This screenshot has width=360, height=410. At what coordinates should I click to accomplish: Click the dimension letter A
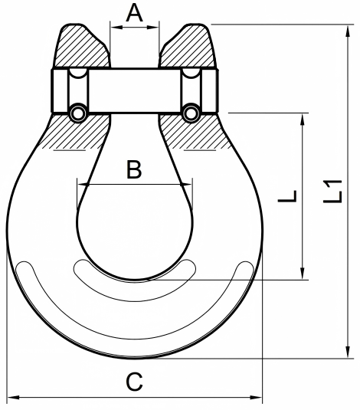pyautogui.click(x=134, y=14)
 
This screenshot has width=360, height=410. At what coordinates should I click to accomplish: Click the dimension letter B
pyautogui.click(x=134, y=169)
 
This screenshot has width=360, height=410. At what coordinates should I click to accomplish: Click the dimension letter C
pyautogui.click(x=134, y=382)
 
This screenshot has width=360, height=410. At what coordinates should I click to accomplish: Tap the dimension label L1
pyautogui.click(x=332, y=192)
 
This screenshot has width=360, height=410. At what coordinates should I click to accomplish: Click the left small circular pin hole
pyautogui.click(x=77, y=113)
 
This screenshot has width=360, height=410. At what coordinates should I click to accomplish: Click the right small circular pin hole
pyautogui.click(x=191, y=113)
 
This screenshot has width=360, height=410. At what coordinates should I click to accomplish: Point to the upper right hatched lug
pyautogui.click(x=188, y=47)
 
